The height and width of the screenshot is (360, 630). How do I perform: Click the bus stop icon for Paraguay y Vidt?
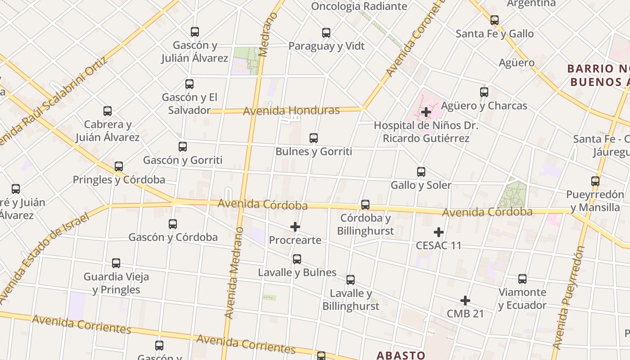coord(326,32)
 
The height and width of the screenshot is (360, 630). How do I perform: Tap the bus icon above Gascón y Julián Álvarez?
coord(195,32)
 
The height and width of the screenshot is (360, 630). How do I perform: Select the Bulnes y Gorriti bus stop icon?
coord(314,138)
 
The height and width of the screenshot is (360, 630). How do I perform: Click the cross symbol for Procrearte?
coord(295,227)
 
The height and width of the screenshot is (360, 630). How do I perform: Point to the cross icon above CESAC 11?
coord(439,232)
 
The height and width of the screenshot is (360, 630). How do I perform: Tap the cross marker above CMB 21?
coord(465,300)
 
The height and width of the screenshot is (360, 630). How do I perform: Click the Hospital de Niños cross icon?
coord(426,112)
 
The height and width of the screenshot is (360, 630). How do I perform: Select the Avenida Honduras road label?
coord(291,110)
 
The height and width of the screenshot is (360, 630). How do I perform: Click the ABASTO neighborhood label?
coord(401,355)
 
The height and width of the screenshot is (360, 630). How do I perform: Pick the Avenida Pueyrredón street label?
coord(569,297)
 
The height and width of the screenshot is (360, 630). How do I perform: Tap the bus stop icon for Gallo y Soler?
coord(421,171)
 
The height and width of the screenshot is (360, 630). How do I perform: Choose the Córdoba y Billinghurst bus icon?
coord(365,205)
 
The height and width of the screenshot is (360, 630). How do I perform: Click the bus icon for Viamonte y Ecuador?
coord(522,279)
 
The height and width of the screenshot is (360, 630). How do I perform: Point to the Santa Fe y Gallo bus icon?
coord(495,20)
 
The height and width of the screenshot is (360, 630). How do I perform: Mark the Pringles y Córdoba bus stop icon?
coord(119,166)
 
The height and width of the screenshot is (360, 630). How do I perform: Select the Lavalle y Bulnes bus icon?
coord(297,259)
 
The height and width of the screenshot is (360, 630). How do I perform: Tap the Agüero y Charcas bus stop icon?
coord(484,92)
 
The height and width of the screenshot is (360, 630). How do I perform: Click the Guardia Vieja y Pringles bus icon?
coord(116,263)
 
